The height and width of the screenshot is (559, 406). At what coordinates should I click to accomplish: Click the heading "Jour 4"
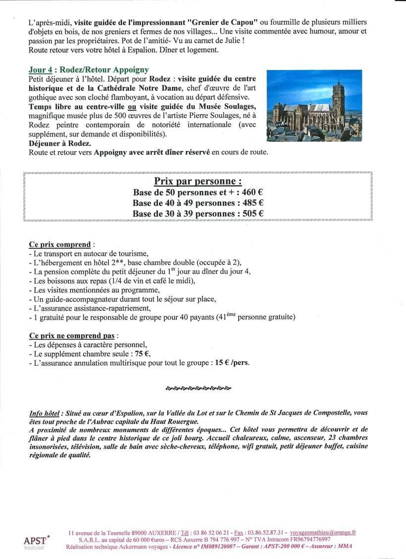tap(41, 70)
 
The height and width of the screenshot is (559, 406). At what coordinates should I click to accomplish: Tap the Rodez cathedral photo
tap(314, 106)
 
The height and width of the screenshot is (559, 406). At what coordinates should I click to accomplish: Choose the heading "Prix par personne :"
tap(198, 181)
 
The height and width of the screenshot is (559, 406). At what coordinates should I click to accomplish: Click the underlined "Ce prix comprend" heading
tap(60, 245)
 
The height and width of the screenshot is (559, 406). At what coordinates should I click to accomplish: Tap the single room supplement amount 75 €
tap(142, 354)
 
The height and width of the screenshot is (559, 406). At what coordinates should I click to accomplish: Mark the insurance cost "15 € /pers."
tap(232, 363)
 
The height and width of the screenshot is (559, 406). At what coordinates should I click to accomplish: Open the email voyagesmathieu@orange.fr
tap(322, 532)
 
